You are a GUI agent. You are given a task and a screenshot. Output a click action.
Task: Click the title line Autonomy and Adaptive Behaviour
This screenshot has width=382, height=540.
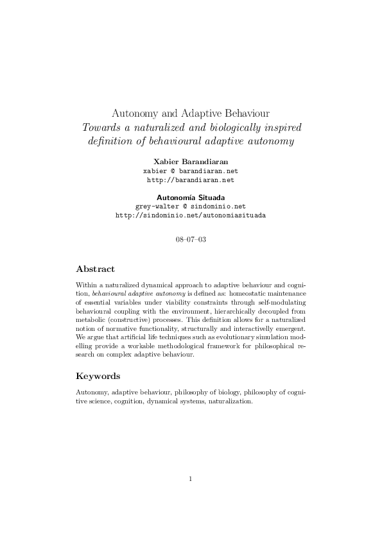point(191,112)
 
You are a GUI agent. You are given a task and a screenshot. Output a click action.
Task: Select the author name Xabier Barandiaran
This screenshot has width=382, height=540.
point(191,162)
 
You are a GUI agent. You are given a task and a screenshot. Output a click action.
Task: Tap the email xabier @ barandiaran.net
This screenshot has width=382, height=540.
point(191,171)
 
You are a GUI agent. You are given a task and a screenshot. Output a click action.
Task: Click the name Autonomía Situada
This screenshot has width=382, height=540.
point(191,197)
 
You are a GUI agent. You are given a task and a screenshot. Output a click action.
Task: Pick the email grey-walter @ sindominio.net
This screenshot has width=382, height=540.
point(191,207)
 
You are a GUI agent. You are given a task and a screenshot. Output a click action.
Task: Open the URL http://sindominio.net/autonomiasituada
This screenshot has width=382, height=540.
point(191,215)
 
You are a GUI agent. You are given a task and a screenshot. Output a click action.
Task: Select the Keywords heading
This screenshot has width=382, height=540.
point(98,376)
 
